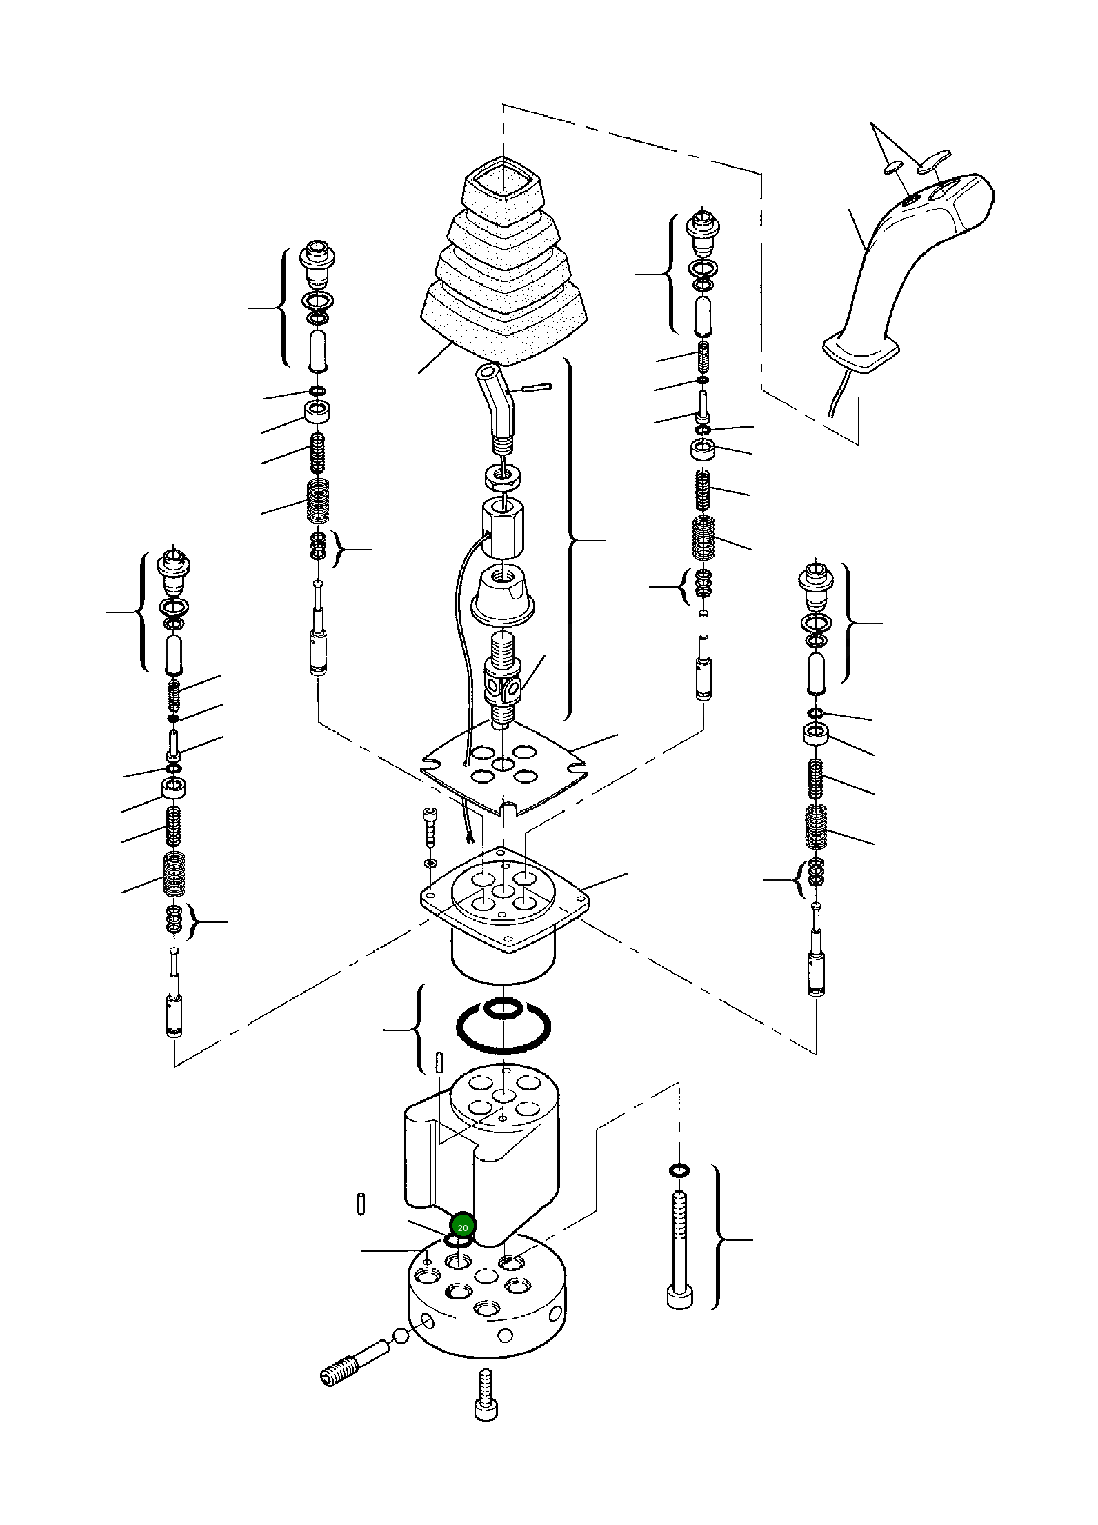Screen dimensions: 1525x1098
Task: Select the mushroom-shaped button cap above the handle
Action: coord(933,161)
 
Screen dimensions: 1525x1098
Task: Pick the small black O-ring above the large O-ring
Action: coord(503,1008)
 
